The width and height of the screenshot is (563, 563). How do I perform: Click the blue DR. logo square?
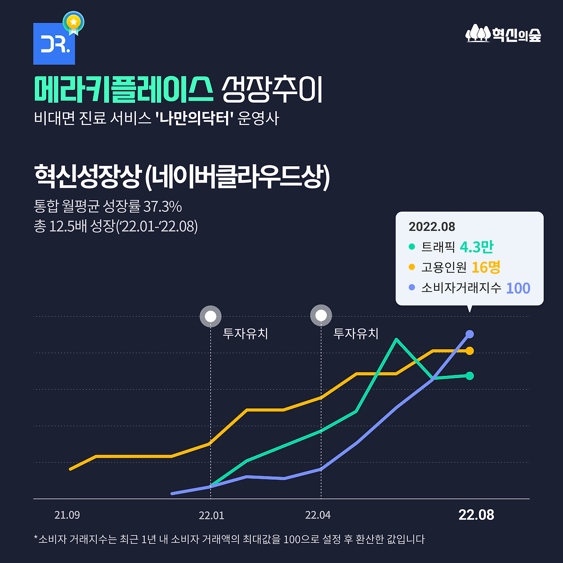click(54, 44)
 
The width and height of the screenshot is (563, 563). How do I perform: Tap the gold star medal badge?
click(73, 22)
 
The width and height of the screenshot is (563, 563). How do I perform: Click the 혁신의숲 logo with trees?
click(503, 34)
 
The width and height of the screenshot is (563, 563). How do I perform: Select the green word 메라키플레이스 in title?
click(124, 90)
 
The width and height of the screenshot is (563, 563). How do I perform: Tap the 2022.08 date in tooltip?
click(431, 227)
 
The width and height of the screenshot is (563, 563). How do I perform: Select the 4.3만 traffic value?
click(476, 247)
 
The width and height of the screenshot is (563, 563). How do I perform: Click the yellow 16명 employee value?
click(486, 267)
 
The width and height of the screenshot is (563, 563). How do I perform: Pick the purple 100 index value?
click(518, 288)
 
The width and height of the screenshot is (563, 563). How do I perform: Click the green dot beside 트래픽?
click(412, 247)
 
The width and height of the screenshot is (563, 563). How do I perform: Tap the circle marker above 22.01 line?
click(210, 316)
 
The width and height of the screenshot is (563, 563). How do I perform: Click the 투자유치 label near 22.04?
click(355, 333)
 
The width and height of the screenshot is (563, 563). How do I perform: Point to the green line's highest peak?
click(396, 340)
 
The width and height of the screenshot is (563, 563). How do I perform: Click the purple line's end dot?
click(469, 334)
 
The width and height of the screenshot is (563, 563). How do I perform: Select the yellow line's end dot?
click(469, 351)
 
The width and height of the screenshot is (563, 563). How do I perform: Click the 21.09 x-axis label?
click(67, 515)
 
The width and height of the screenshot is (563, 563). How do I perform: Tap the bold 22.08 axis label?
click(476, 515)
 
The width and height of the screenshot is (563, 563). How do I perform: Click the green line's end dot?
click(469, 376)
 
